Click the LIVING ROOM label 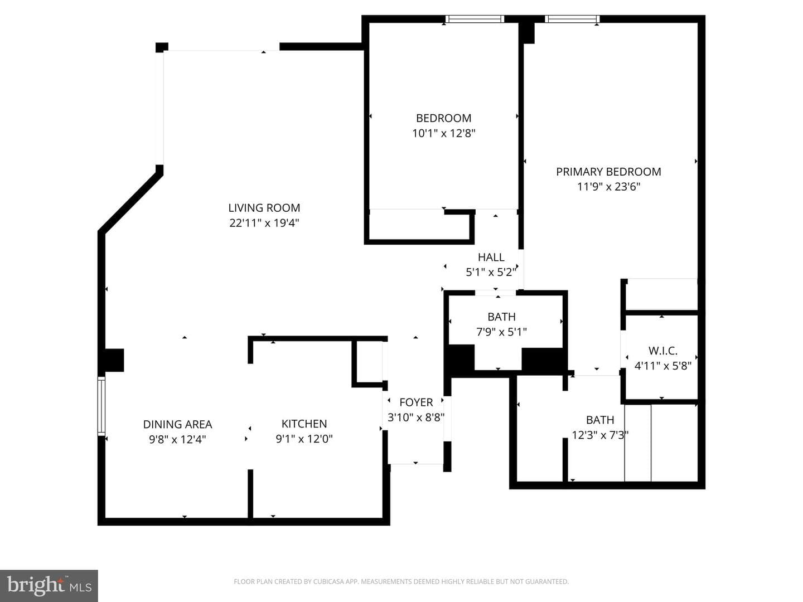pos(264,207)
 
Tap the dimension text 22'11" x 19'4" pos(264,222)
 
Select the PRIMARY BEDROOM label pos(608,172)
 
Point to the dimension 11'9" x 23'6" pos(608,186)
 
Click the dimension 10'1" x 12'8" pos(443,133)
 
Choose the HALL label pos(491,257)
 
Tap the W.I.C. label pos(663,351)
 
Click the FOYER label pos(416,402)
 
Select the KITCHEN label pos(304,424)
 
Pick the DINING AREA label pos(177,424)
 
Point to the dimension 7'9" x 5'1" pos(501,332)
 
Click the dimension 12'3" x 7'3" pos(600,435)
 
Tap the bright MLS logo pos(49,585)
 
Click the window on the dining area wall pos(101,406)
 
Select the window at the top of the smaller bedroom pos(475,19)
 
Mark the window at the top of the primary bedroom pos(572,19)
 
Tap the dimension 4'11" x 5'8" pos(663,366)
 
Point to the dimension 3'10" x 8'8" pos(416,417)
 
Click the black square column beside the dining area pos(114,360)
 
